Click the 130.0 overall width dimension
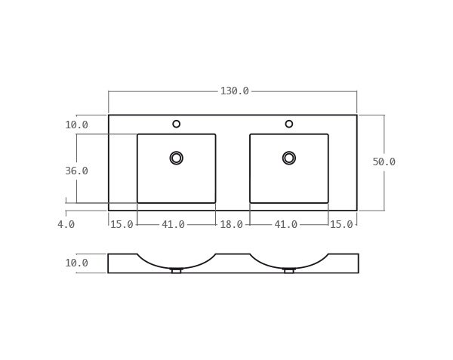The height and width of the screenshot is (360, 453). (234, 91)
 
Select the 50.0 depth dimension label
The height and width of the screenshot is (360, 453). (384, 162)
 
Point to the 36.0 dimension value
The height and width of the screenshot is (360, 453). (76, 171)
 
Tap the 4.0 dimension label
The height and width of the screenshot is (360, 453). (66, 224)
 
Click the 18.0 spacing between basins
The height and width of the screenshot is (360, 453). (232, 224)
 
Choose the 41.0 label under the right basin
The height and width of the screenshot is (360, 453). (285, 224)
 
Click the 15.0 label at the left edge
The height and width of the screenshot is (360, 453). (122, 224)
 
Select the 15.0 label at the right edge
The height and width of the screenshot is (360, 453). (341, 224)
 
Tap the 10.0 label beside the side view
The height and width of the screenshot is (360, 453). (76, 263)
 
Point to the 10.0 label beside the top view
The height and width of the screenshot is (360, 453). (76, 125)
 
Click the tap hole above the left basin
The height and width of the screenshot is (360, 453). (176, 124)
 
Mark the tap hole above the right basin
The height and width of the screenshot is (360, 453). (288, 124)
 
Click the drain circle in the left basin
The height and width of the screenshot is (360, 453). (176, 158)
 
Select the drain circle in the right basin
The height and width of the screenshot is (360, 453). (288, 158)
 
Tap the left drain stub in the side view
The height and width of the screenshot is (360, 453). (176, 270)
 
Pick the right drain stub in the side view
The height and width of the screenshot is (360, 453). (288, 270)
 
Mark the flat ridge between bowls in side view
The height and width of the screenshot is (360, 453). (233, 255)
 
